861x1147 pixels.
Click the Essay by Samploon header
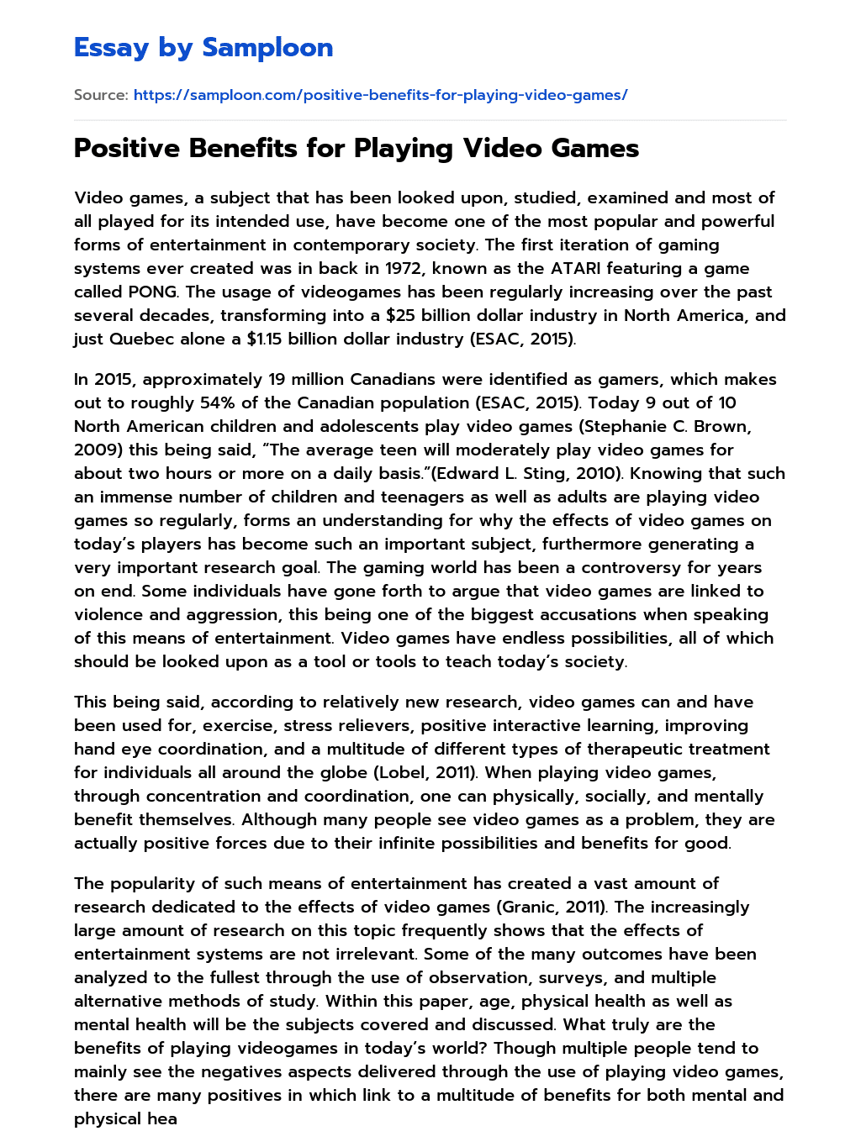coord(203,48)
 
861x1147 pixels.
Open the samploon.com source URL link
coord(380,95)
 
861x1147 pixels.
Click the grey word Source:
coord(101,95)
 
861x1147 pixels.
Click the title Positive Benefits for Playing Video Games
coord(357,149)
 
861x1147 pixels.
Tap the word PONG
coord(151,292)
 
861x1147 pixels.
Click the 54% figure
coord(217,403)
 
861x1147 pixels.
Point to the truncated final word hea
coord(161,1118)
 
